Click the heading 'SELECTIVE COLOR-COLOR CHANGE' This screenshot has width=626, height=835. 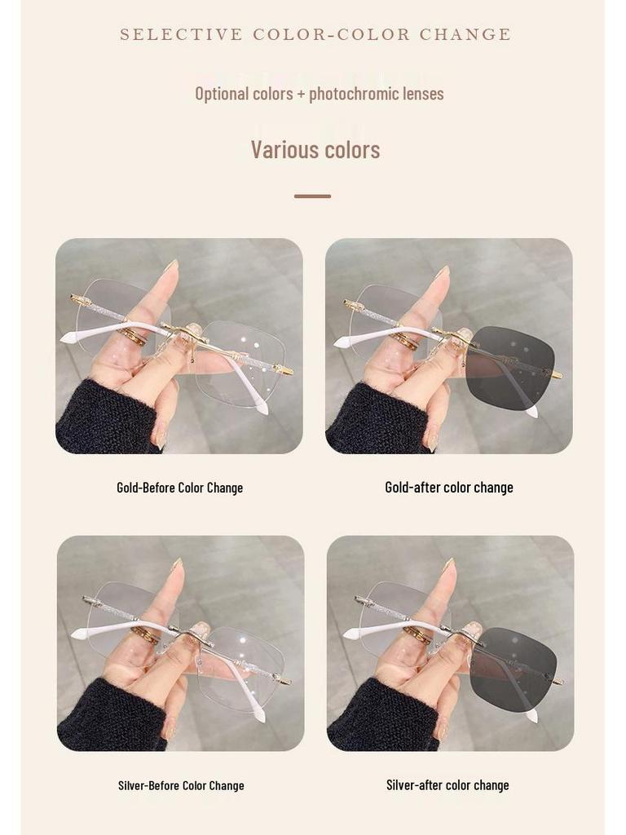pyautogui.click(x=315, y=34)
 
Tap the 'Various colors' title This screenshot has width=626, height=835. pyautogui.click(x=315, y=150)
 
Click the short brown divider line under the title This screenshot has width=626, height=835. pyautogui.click(x=312, y=197)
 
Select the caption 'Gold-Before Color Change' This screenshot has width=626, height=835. pyautogui.click(x=179, y=488)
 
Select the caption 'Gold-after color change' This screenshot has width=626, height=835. pyautogui.click(x=449, y=488)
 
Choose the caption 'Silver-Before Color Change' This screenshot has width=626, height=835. pyautogui.click(x=181, y=786)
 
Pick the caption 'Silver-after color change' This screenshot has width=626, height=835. pyautogui.click(x=447, y=785)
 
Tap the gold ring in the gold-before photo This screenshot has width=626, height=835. pyautogui.click(x=132, y=336)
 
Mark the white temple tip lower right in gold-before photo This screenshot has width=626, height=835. pyautogui.click(x=262, y=408)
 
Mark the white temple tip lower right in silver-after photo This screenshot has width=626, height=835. pyautogui.click(x=531, y=715)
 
